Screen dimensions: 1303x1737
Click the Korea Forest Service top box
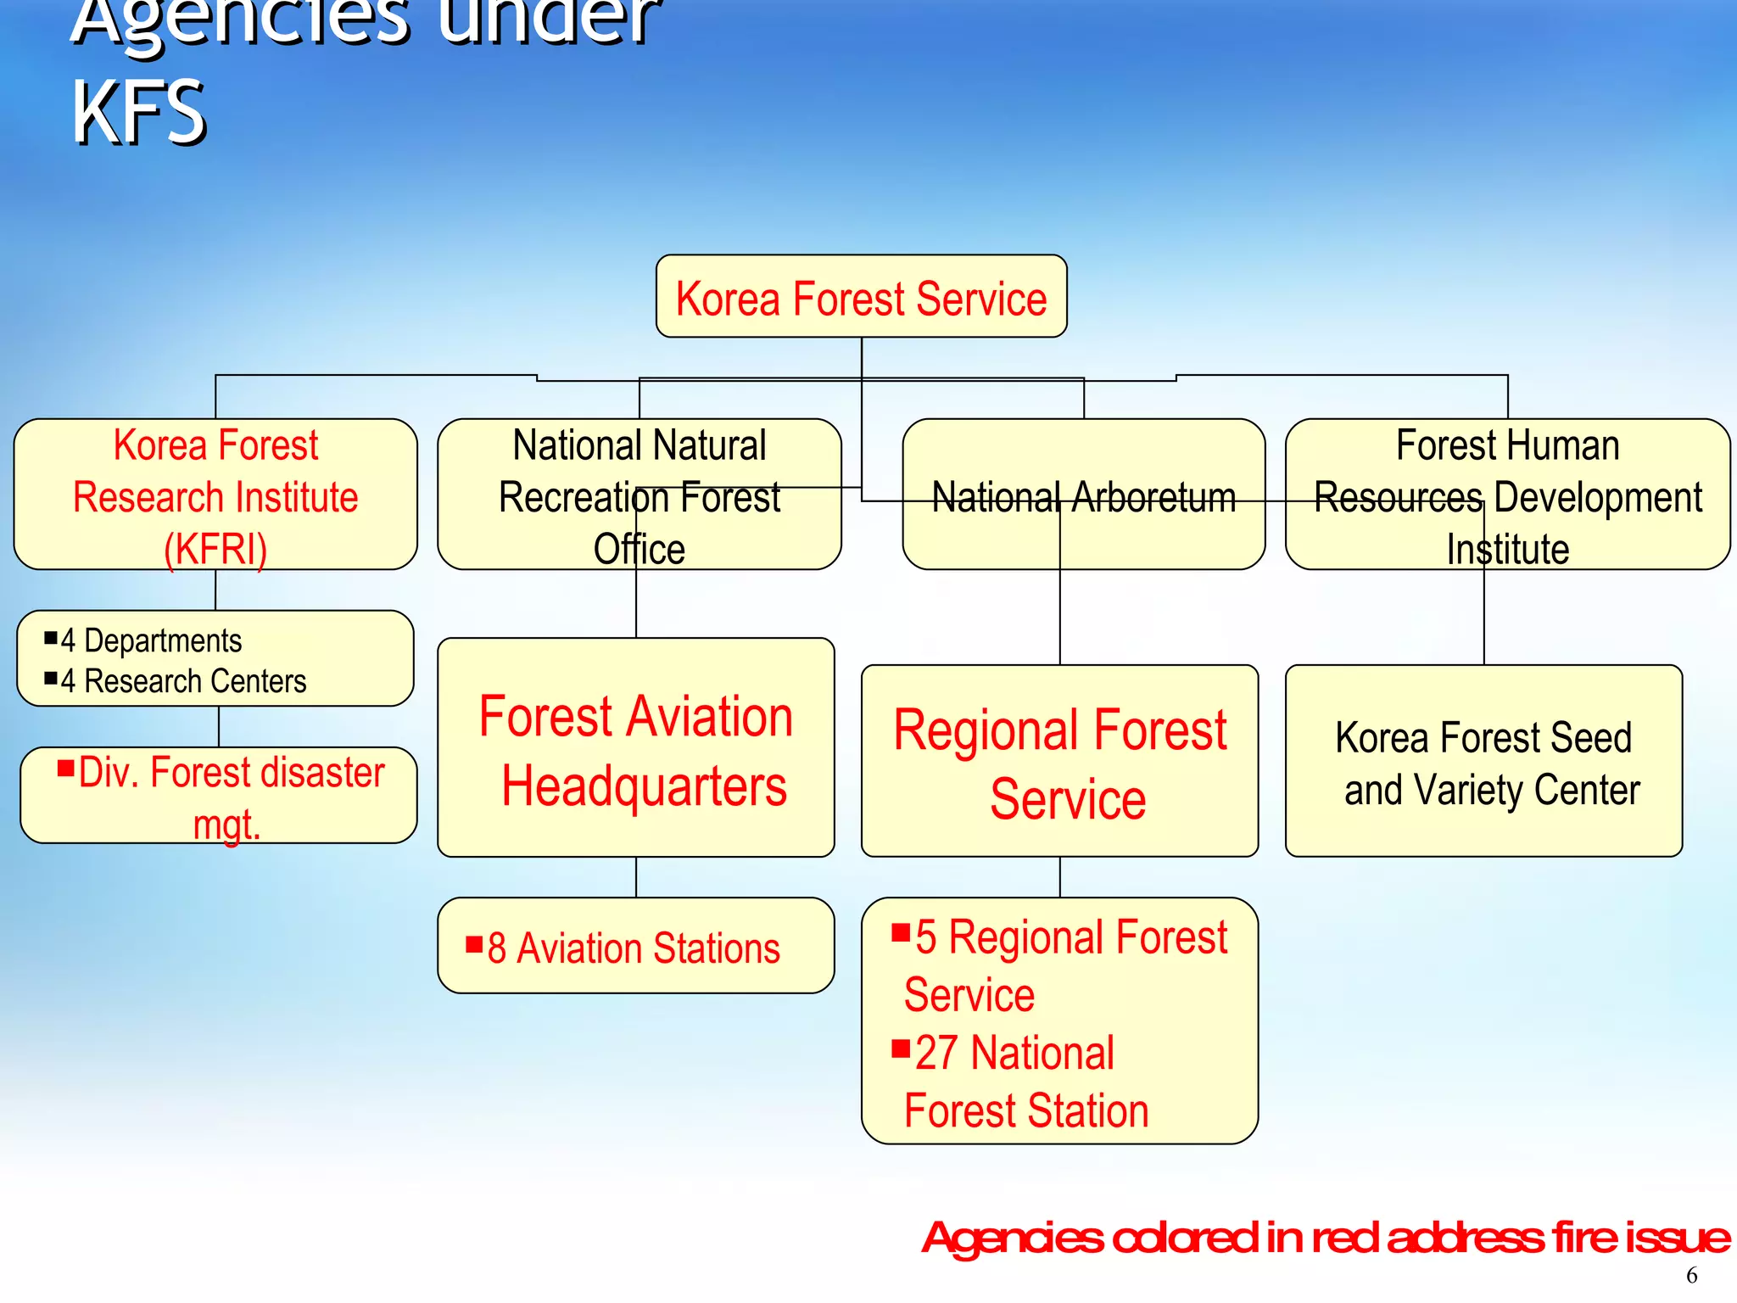coord(861,297)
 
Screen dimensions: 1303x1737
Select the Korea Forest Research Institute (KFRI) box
coord(215,495)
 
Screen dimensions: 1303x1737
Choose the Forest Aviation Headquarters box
coord(636,748)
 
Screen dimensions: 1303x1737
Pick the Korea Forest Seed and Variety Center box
coord(1483,761)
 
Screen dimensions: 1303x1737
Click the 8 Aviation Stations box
coord(636,946)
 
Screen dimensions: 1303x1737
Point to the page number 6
coord(1691,1275)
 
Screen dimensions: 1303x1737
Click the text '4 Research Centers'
coord(183,681)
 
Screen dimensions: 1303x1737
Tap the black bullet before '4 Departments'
coord(51,637)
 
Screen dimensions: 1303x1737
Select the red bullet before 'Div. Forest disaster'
coord(66,769)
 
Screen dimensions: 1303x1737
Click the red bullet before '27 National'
coord(901,1049)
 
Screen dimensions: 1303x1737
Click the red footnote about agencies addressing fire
coord(1325,1238)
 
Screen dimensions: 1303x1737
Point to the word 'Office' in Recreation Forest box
coord(639,549)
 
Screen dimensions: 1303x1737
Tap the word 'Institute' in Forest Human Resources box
coord(1507,549)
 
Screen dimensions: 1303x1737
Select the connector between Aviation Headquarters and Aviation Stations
coord(636,877)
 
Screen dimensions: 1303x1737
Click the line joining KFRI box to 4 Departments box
coord(215,590)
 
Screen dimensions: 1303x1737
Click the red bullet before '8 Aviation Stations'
coord(474,945)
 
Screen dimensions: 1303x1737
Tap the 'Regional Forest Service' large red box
coord(1059,761)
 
